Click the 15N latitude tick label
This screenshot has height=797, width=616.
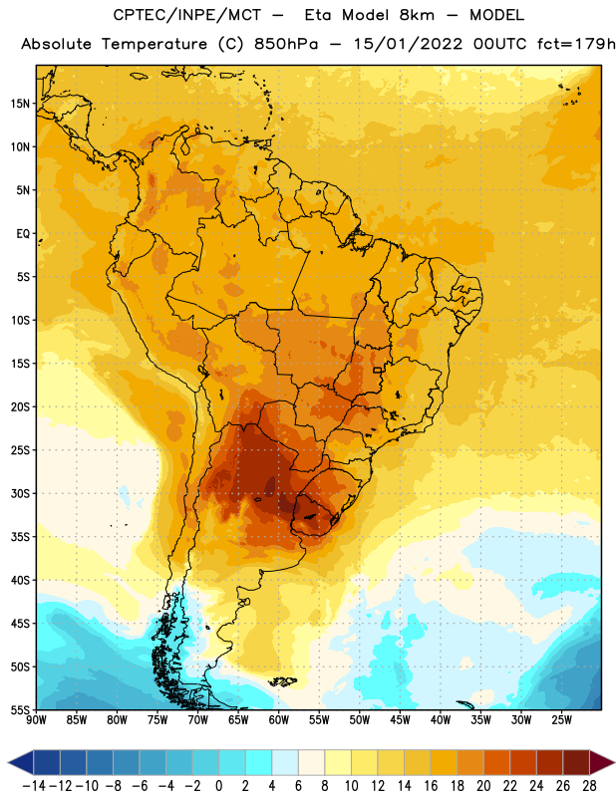click(x=20, y=104)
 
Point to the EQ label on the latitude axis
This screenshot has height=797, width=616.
click(x=23, y=234)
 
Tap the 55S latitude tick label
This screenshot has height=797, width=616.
click(x=20, y=709)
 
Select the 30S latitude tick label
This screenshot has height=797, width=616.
click(x=20, y=493)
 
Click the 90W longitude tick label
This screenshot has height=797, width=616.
click(x=37, y=720)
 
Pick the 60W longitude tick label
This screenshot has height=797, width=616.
click(x=279, y=720)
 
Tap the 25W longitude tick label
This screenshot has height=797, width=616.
click(x=561, y=720)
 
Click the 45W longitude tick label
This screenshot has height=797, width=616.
click(x=400, y=720)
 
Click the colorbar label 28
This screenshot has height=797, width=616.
click(x=589, y=786)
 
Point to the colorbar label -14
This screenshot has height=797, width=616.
click(x=34, y=786)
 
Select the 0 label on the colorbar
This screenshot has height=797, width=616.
click(x=218, y=786)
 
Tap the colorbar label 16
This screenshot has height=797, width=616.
click(x=431, y=786)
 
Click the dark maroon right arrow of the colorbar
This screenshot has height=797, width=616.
click(x=602, y=762)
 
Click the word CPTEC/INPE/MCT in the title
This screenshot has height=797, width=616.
click(x=187, y=15)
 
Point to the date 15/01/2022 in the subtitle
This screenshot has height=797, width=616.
click(x=408, y=44)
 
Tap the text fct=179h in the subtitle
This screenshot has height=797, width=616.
click(x=576, y=44)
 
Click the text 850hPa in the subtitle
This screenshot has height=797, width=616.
click(x=286, y=44)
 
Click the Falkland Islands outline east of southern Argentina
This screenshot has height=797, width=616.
click(x=283, y=681)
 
